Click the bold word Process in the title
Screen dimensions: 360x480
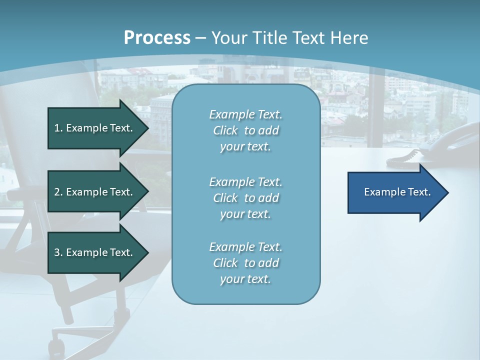(x=157, y=38)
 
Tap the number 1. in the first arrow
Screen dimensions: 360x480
(x=58, y=128)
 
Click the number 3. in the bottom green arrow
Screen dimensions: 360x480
(x=58, y=252)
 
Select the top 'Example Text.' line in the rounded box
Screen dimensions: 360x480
(x=246, y=114)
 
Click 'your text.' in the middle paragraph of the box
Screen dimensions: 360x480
(x=245, y=214)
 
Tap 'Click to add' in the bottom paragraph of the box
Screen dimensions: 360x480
(x=246, y=262)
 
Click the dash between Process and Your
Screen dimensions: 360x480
(x=201, y=38)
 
